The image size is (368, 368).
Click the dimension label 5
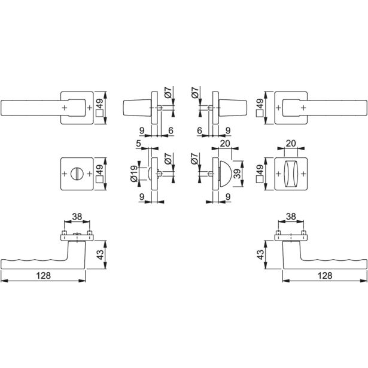pos(138,144)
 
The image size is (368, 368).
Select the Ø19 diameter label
pos(134,174)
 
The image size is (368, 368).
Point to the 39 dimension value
pos(238,174)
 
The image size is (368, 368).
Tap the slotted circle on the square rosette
pos(77,174)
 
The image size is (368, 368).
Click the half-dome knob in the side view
pos(226,174)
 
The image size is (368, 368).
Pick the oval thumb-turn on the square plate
pos(291,174)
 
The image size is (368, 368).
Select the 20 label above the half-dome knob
pos(225,144)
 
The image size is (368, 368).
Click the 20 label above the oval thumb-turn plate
pos(291,143)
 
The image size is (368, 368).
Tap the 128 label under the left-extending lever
pos(44,275)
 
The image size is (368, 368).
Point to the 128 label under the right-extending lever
pos(325,275)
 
